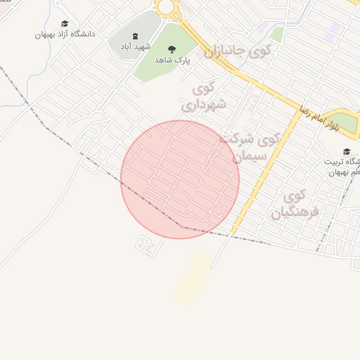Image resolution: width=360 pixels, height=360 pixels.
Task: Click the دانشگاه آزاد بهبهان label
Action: click(65, 34)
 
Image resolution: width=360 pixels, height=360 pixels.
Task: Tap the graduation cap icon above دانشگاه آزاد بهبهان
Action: click(65, 24)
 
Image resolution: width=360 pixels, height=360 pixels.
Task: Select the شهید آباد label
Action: click(135, 46)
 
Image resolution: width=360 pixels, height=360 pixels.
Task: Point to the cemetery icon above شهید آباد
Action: click(135, 36)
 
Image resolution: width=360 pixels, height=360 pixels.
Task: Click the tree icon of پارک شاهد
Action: click(172, 49)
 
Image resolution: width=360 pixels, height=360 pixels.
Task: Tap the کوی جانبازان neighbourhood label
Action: click(237, 51)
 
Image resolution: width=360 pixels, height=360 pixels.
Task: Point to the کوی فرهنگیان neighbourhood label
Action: click(295, 203)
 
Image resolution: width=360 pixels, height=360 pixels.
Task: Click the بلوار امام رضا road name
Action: click(314, 119)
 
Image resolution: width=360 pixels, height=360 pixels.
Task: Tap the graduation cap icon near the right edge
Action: click(346, 152)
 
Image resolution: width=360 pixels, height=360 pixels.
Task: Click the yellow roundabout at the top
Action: click(166, 7)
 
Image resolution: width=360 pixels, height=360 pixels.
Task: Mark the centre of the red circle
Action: click(180, 179)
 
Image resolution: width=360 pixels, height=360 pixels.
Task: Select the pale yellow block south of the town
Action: click(193, 279)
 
